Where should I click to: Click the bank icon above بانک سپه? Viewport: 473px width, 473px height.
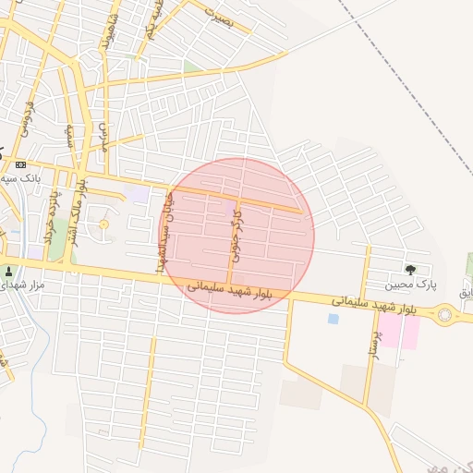(x=21, y=164)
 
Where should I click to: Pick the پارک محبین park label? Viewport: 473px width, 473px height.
(x=409, y=285)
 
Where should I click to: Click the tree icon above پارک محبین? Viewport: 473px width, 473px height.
(x=409, y=270)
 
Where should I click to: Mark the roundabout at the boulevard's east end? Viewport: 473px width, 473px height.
(x=445, y=316)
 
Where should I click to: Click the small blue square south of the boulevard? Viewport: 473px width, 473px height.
(x=333, y=319)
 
